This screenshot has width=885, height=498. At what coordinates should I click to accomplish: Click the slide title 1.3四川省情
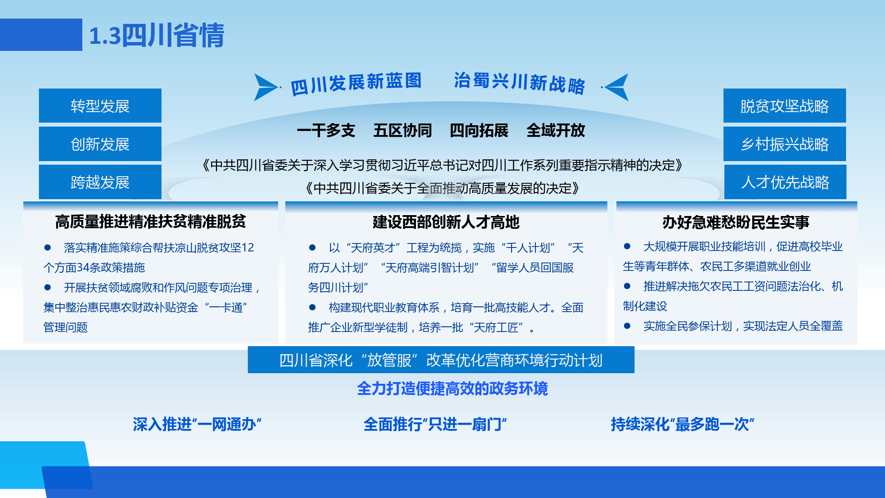click(x=157, y=35)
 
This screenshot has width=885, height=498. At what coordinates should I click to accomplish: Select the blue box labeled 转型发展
click(x=100, y=106)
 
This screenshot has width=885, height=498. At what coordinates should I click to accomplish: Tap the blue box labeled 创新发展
click(x=100, y=144)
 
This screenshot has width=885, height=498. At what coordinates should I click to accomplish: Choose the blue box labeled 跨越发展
click(x=100, y=182)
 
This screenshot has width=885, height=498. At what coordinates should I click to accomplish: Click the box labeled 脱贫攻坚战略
click(x=785, y=106)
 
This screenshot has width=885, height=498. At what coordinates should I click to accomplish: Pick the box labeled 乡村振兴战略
click(x=785, y=144)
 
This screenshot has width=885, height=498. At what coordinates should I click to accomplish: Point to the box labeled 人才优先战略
click(x=785, y=182)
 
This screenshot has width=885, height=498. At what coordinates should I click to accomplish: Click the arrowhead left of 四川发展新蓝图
click(x=265, y=87)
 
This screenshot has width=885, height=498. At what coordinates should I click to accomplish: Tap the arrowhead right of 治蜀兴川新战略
click(x=617, y=87)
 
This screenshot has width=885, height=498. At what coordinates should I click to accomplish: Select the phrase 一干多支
click(x=326, y=131)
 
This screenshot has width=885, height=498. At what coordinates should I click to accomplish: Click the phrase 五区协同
click(x=403, y=131)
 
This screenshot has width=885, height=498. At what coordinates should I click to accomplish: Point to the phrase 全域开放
click(x=556, y=131)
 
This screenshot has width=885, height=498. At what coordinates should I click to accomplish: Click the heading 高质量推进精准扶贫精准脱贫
click(x=150, y=221)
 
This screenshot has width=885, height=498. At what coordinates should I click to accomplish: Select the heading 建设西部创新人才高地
click(x=446, y=222)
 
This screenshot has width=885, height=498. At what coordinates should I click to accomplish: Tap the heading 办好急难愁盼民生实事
click(x=736, y=222)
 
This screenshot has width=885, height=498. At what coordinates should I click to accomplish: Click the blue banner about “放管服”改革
click(x=441, y=360)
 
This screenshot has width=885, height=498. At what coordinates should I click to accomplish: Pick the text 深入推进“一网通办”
click(x=197, y=424)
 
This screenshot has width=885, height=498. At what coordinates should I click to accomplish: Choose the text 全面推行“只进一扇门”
click(x=435, y=424)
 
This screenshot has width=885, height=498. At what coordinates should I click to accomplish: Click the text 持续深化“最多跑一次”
click(x=682, y=424)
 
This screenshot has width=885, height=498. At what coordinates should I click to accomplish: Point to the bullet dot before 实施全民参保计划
click(x=627, y=326)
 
